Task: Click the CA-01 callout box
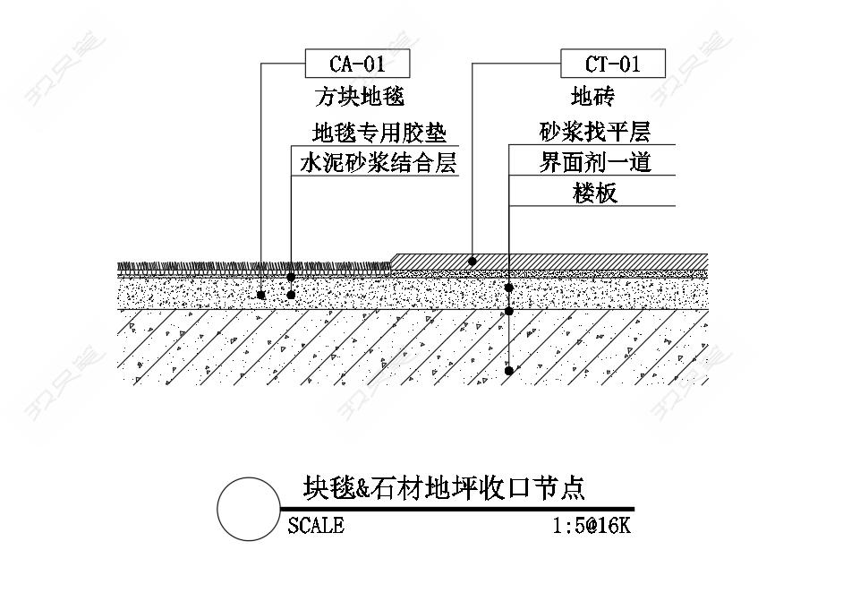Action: [358, 64]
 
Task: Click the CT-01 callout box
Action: [613, 64]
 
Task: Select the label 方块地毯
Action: [359, 97]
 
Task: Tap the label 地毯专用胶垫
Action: [379, 133]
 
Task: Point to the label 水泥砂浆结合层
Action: [378, 162]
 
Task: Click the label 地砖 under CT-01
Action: [592, 97]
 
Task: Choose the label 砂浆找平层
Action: [594, 132]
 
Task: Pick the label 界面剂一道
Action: [595, 162]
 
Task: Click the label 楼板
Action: [594, 193]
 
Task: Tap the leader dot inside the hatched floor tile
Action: [472, 262]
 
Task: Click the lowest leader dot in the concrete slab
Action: [508, 371]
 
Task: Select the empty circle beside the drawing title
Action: [249, 509]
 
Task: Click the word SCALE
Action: [316, 526]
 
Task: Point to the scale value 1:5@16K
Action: [592, 526]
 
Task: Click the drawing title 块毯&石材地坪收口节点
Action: [444, 487]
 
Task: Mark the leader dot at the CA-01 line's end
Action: [261, 295]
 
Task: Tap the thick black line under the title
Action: [457, 509]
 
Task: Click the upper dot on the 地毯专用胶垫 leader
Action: [291, 277]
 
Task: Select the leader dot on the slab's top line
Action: [508, 311]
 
